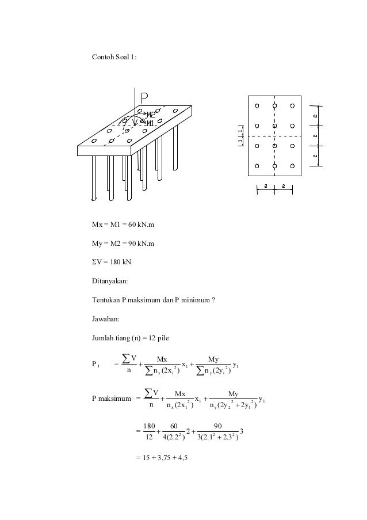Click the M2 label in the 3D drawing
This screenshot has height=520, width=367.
click(151, 115)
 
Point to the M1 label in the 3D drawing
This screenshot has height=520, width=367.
click(149, 123)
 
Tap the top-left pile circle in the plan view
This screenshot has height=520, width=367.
click(257, 106)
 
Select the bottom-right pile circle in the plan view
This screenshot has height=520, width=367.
click(293, 166)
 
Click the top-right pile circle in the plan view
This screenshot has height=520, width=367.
click(293, 106)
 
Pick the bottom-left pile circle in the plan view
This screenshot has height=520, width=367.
click(257, 166)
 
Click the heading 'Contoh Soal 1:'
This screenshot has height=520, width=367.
click(114, 58)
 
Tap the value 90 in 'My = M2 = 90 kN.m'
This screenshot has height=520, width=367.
click(132, 244)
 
